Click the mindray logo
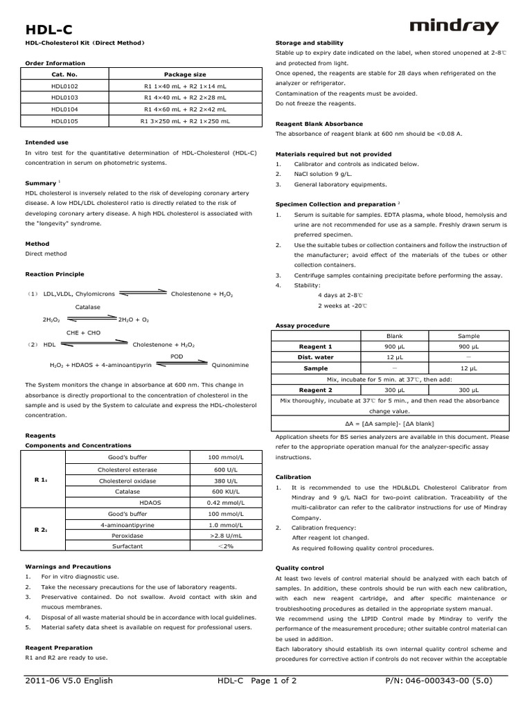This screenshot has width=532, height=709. (454, 27)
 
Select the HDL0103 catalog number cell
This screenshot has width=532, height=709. (64, 98)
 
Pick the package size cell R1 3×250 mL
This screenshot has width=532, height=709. (185, 120)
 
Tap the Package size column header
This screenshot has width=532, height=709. (185, 74)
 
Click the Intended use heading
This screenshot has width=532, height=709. (46, 142)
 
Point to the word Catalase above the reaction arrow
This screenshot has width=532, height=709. (88, 307)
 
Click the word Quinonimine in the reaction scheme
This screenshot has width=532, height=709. (231, 364)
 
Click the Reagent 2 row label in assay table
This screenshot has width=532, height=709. (315, 390)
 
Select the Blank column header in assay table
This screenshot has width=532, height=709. (394, 336)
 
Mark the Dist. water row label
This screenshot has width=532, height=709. (315, 357)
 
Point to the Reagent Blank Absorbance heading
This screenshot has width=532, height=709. (319, 124)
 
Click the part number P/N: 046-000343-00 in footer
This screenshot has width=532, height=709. (438, 681)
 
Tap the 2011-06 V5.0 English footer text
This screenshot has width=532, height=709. (69, 681)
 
